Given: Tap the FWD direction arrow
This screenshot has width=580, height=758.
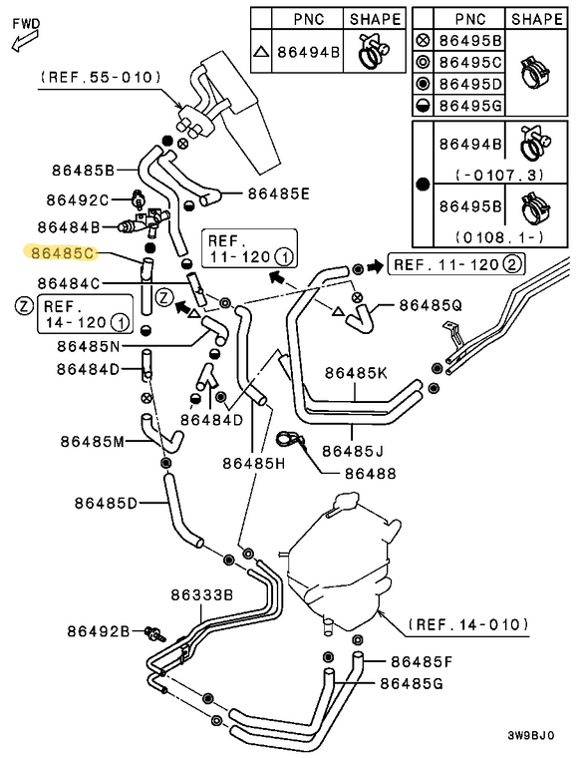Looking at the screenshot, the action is [25, 41].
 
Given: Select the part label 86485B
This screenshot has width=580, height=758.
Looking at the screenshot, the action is [83, 171].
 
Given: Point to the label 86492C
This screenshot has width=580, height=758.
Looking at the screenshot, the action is [78, 199].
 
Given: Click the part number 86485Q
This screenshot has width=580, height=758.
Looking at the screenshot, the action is [431, 305].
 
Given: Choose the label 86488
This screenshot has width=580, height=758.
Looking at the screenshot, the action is [371, 474].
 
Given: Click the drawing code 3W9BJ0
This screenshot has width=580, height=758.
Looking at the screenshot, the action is [531, 736].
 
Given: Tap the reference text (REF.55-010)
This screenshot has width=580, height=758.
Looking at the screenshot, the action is [101, 78].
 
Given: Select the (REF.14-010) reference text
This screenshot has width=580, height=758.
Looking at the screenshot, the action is [468, 624].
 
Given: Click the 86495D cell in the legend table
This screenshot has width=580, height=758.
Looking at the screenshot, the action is [470, 84].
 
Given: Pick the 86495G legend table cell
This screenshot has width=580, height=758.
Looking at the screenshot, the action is [470, 105].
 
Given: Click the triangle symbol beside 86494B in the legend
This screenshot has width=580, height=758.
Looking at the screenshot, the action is [261, 51].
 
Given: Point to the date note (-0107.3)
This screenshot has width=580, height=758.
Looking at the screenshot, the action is [499, 175].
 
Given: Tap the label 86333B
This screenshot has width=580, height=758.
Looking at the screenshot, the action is [202, 594].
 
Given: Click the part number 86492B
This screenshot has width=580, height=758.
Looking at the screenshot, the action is [99, 631].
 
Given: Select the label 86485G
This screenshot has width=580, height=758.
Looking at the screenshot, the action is [412, 683].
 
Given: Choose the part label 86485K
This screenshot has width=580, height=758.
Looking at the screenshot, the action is [356, 373].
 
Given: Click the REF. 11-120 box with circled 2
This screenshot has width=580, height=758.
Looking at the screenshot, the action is [456, 264].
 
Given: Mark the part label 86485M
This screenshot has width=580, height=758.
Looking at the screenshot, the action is [93, 442].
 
